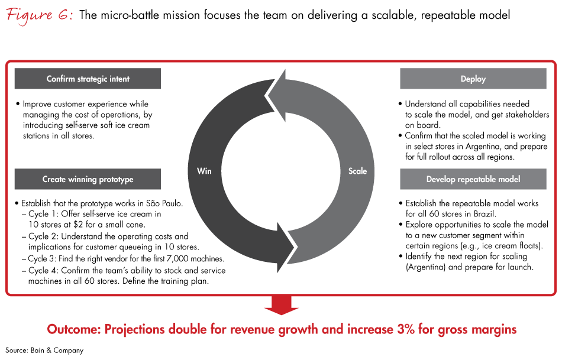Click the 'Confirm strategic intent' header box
(x=88, y=79)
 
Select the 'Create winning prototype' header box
(x=88, y=179)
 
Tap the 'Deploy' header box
(x=473, y=79)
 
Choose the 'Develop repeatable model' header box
(x=473, y=179)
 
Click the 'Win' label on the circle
(x=204, y=171)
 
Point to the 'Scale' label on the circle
(x=357, y=171)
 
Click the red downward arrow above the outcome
(x=282, y=306)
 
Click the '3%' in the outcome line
(x=406, y=329)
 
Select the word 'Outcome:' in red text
(x=74, y=329)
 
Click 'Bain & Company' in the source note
(x=57, y=351)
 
